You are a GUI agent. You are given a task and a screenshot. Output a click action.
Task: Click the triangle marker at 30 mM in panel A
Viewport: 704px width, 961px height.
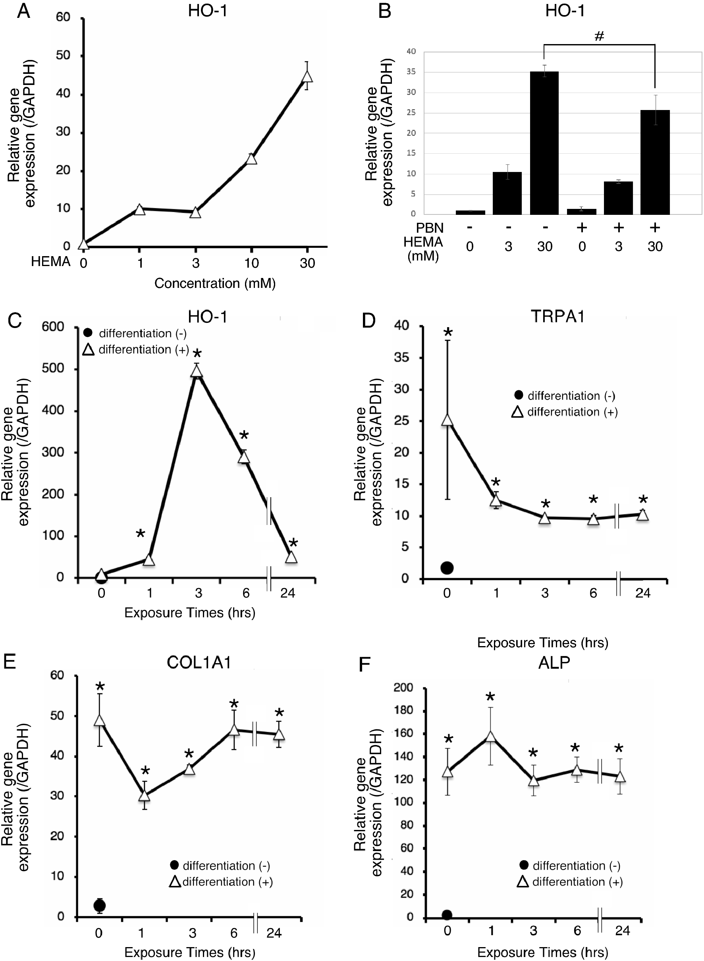click(x=307, y=76)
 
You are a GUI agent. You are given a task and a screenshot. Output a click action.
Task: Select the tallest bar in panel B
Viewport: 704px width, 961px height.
click(x=544, y=143)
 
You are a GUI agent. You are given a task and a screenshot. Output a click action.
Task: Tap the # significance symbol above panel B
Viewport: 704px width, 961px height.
click(x=599, y=37)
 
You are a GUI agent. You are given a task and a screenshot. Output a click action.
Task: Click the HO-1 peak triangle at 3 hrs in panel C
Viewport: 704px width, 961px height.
click(x=197, y=371)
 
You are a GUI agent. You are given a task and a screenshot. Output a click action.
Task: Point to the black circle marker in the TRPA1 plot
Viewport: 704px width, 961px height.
click(x=447, y=567)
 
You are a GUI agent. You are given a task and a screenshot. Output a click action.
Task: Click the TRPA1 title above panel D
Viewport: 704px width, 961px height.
click(x=557, y=316)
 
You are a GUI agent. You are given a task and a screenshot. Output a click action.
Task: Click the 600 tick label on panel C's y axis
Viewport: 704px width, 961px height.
click(x=53, y=327)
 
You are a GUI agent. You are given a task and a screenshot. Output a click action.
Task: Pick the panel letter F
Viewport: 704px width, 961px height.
click(x=365, y=665)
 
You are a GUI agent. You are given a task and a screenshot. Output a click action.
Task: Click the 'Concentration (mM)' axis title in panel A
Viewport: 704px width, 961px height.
click(x=215, y=284)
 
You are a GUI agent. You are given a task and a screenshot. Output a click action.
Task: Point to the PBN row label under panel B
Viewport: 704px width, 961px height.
click(x=430, y=228)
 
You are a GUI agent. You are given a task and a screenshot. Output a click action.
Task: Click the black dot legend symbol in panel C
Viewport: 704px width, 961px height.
click(x=88, y=333)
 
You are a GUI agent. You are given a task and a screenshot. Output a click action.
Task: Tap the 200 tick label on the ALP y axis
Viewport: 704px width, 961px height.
click(x=403, y=687)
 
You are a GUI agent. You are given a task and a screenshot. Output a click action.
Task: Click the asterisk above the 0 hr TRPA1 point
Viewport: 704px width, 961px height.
click(x=447, y=333)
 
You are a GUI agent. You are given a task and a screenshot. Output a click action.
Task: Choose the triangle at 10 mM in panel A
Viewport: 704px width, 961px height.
click(x=251, y=159)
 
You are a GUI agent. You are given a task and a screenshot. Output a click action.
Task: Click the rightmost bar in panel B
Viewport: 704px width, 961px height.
click(x=655, y=162)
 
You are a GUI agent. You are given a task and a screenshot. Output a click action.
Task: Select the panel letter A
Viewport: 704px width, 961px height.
click(x=23, y=11)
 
